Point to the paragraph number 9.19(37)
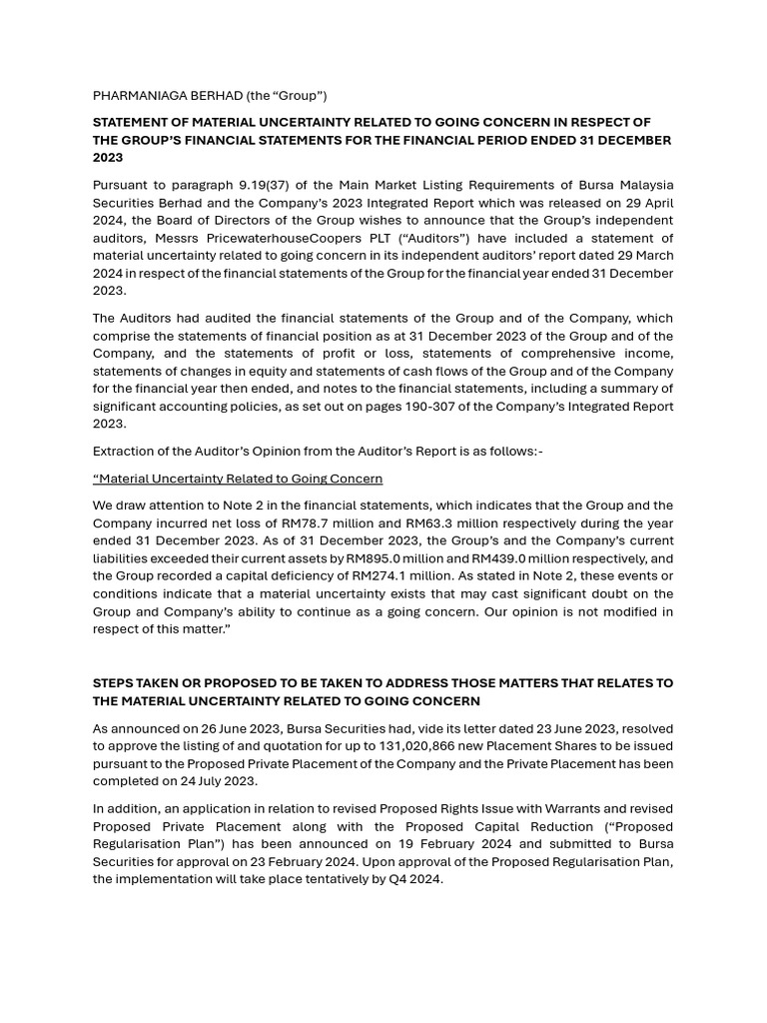point(268,185)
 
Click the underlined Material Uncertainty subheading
point(238,480)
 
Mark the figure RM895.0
point(374,558)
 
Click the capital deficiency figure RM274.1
point(372,576)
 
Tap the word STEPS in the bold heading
point(113,683)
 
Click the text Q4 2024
point(416,879)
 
